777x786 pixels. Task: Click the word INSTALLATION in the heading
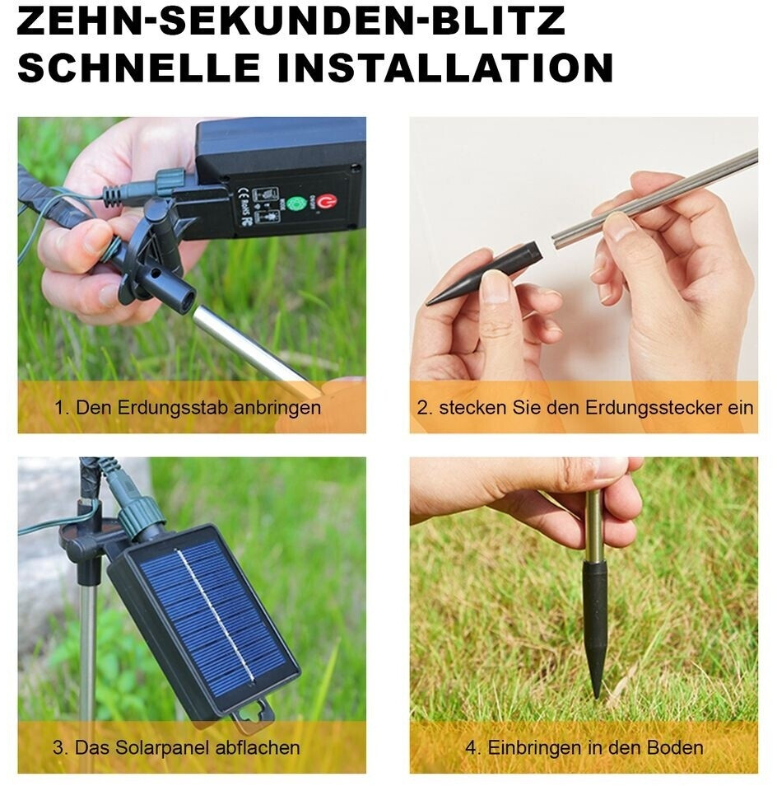[445, 68]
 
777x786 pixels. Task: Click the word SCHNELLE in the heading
[138, 68]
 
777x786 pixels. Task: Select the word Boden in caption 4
[675, 748]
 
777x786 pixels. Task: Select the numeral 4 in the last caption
[471, 748]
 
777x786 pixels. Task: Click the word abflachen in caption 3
[258, 748]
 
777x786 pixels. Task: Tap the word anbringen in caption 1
[277, 409]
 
